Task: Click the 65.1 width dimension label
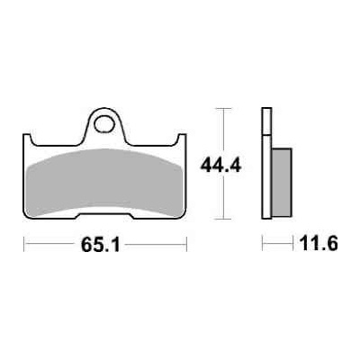coord(101,246)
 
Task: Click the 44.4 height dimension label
coord(220,166)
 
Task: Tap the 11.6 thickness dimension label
coord(319,243)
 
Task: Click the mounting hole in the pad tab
coord(104,123)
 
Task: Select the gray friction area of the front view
coord(104,183)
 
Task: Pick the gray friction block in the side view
coord(281,182)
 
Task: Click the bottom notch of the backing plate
coord(104,216)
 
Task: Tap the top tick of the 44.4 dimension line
coord(223,108)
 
